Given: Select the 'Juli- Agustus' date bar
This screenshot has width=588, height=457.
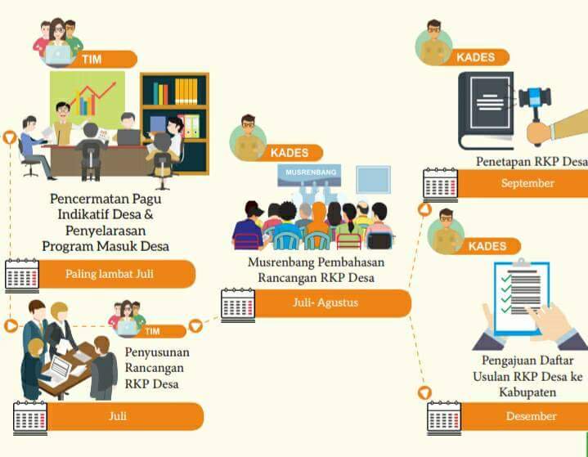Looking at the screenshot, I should click(327, 302).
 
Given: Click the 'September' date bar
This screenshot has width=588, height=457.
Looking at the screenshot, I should click(527, 183).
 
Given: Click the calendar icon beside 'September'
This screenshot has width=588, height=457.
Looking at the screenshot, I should click(440, 184).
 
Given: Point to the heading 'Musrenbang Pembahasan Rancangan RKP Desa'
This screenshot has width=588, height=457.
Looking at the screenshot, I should click(316, 270).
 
